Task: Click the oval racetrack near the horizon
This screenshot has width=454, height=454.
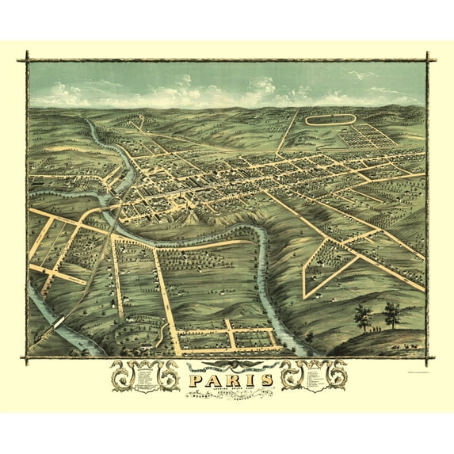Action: (x=330, y=121)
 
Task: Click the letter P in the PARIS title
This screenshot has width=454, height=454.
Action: (x=195, y=380)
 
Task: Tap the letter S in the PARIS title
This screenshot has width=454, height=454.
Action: (x=266, y=380)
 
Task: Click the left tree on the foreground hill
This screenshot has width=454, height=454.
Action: (x=363, y=316)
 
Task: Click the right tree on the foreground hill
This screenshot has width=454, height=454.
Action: (x=391, y=313)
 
